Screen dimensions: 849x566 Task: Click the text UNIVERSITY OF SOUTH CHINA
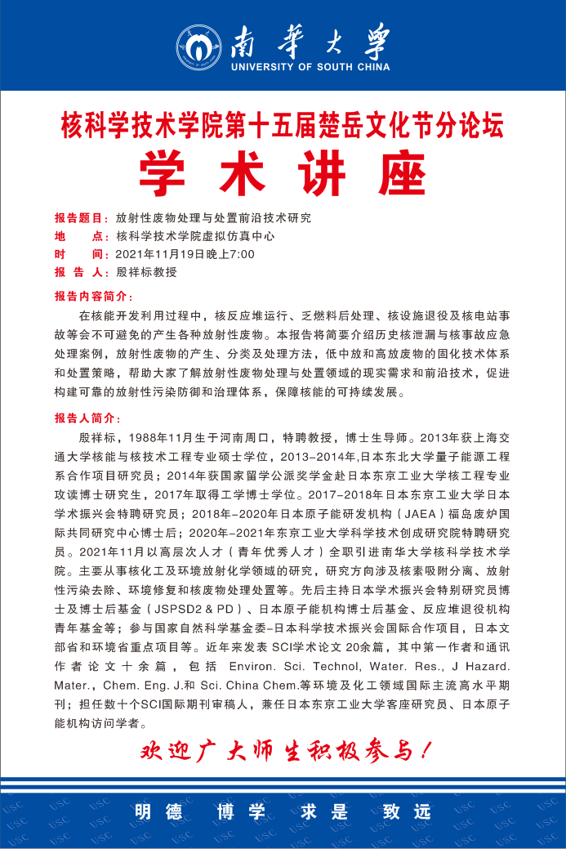(310, 67)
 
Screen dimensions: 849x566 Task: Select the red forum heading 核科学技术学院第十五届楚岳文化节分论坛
(283, 127)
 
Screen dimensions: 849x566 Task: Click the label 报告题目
(81, 218)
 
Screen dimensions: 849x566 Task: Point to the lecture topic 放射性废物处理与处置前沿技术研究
(213, 218)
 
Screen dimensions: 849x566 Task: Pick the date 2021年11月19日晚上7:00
(185, 254)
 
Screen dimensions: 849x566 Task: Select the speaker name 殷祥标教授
(146, 272)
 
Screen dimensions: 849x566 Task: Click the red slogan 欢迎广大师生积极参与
(286, 750)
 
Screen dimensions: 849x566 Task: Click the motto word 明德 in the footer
(155, 811)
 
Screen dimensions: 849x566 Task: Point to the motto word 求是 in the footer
(324, 811)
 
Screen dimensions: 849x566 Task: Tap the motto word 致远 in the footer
(406, 811)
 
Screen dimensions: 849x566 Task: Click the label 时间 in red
(81, 254)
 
